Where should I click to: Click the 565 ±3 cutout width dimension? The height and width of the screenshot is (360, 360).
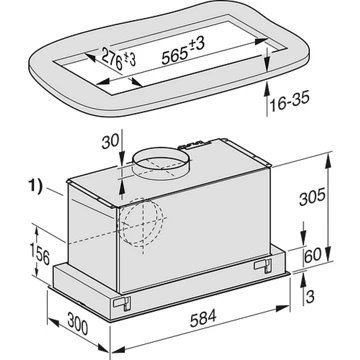[x=183, y=50]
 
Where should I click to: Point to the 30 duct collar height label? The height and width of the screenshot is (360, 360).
[x=110, y=142]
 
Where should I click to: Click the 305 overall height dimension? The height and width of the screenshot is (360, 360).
[x=312, y=198]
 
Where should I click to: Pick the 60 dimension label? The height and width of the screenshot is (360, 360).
[x=313, y=255]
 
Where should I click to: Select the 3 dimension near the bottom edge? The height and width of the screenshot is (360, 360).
[x=310, y=297]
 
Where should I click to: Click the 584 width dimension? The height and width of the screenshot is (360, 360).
[x=203, y=319]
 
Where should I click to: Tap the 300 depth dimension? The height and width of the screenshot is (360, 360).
[x=78, y=324]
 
